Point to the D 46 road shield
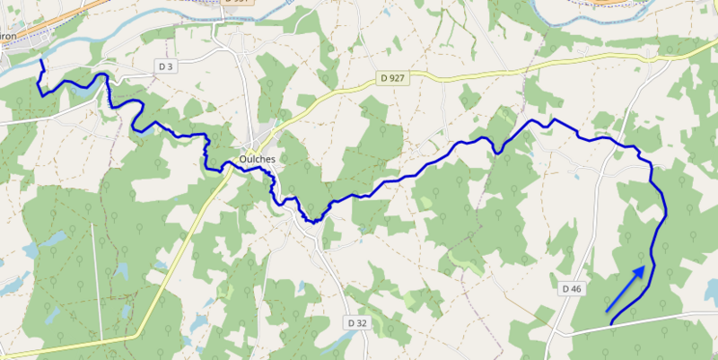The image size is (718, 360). point(573,288)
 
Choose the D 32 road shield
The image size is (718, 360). point(356,321)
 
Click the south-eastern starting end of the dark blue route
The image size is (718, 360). point(611,321)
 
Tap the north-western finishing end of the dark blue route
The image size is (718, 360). point(41,61)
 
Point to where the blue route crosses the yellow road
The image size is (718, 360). point(223,168)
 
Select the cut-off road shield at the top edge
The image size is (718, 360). point(237,3)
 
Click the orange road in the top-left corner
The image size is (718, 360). point(36,22)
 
